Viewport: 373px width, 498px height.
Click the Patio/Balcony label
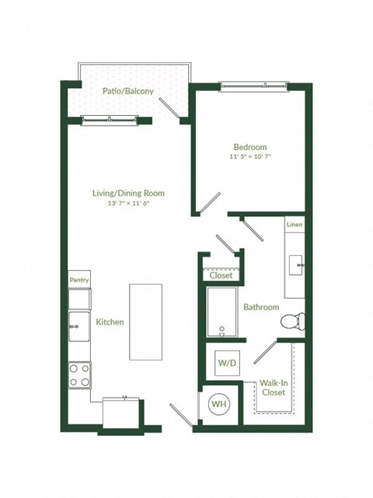point(128,91)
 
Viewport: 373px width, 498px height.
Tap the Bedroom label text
point(250,147)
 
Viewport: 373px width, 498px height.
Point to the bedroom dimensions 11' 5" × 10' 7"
point(250,157)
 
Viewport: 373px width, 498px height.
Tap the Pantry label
point(79,279)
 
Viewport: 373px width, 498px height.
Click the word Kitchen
point(110,321)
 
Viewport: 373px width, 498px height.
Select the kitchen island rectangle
point(145,321)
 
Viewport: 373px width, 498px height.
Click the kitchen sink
point(78,326)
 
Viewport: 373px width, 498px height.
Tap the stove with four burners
point(79,375)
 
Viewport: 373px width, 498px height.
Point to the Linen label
point(294,225)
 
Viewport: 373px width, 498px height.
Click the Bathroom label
point(261,307)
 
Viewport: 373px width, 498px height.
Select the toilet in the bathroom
point(293,320)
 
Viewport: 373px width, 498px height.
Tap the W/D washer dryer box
point(227,363)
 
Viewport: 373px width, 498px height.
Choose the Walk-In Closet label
point(273,388)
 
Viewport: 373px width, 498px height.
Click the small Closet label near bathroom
point(221,275)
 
